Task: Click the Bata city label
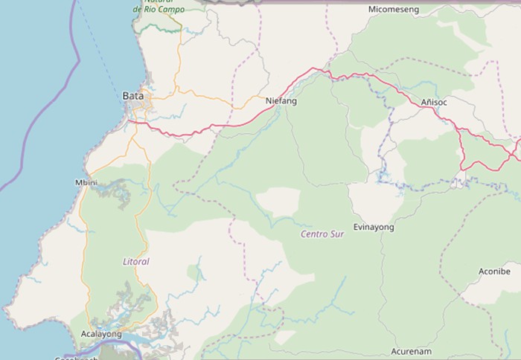pyautogui.click(x=131, y=96)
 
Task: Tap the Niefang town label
pyautogui.click(x=281, y=100)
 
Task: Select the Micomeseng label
pyautogui.click(x=394, y=10)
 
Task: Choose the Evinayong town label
pyautogui.click(x=374, y=227)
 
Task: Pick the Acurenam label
pyautogui.click(x=412, y=350)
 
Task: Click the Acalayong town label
pyautogui.click(x=100, y=335)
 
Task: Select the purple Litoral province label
pyautogui.click(x=135, y=262)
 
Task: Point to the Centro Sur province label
pyautogui.click(x=322, y=234)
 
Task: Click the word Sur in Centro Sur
pyautogui.click(x=337, y=234)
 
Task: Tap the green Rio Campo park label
pyautogui.click(x=158, y=9)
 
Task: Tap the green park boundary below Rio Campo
pyautogui.click(x=160, y=28)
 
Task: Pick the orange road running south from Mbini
pyautogui.click(x=83, y=245)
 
